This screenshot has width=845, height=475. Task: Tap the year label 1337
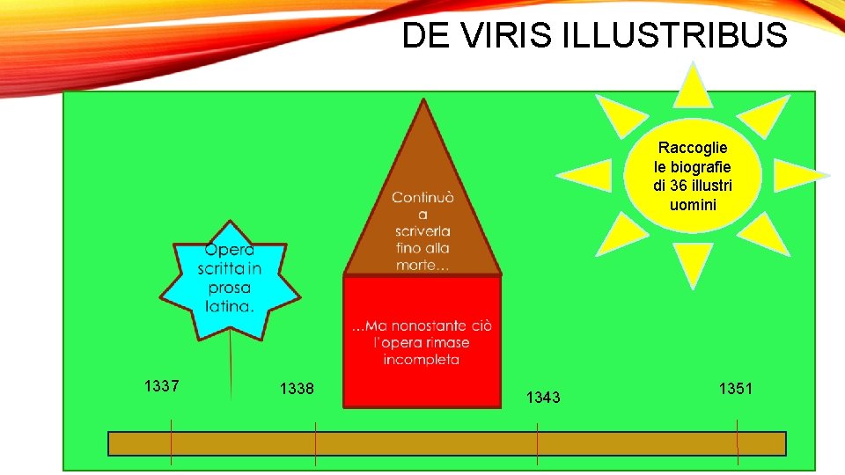[162, 385]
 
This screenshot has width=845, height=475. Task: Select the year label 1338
[297, 388]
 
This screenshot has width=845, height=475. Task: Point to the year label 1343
[543, 398]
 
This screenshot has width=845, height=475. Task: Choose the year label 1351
[736, 388]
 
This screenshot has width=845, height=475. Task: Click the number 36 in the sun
[678, 186]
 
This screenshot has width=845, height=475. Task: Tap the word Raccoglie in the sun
[693, 148]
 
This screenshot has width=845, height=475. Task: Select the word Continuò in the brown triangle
[423, 197]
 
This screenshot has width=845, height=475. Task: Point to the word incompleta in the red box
[422, 359]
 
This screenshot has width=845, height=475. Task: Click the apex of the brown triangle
[424, 102]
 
